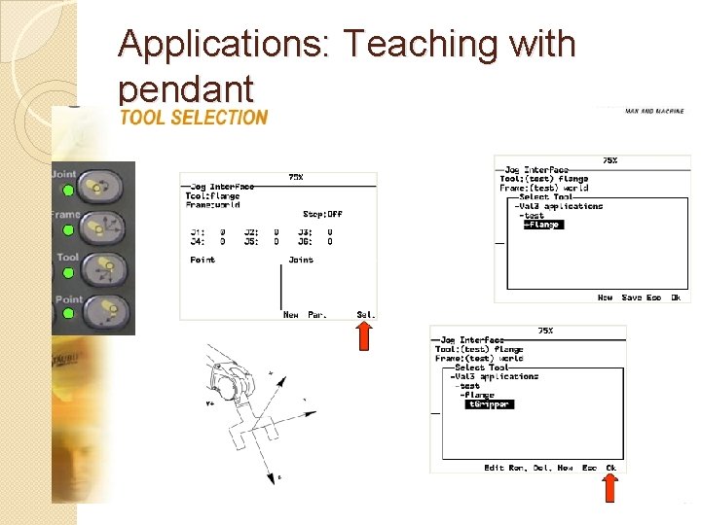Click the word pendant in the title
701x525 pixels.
[x=185, y=89]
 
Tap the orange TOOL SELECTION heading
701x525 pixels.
[x=193, y=118]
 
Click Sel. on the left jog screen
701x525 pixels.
[x=366, y=314]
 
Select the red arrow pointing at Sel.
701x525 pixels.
[x=364, y=336]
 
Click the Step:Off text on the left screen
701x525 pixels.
[x=322, y=214]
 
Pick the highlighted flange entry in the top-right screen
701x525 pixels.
[x=542, y=225]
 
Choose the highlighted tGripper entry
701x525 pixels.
[x=489, y=404]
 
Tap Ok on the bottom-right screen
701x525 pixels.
[x=611, y=468]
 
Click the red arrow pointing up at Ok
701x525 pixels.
[x=610, y=488]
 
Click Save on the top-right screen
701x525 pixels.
[x=632, y=297]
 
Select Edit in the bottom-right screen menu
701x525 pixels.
[x=495, y=468]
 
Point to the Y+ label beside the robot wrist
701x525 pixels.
[x=209, y=402]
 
